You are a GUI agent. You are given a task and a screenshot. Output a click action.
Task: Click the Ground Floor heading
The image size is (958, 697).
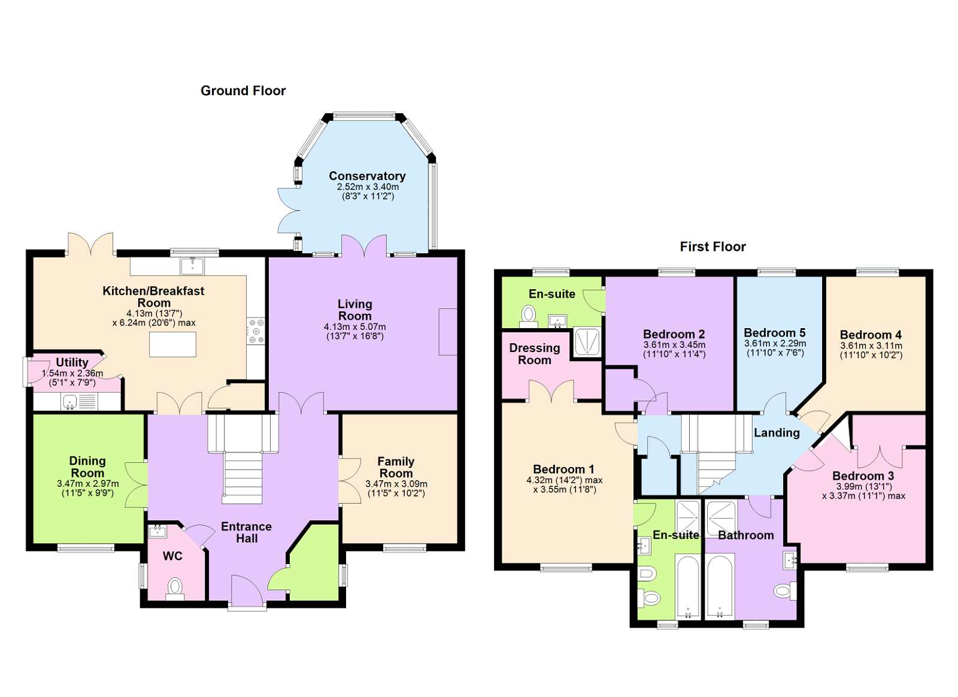pyautogui.click(x=243, y=90)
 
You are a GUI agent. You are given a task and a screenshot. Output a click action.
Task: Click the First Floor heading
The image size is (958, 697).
pyautogui.click(x=713, y=247)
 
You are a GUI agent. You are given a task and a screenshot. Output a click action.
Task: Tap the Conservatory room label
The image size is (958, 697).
pyautogui.click(x=367, y=176)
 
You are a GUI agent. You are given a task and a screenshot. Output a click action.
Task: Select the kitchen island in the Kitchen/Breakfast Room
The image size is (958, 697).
pyautogui.click(x=172, y=345)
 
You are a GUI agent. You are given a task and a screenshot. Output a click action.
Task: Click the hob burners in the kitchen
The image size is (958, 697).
pyautogui.click(x=256, y=331)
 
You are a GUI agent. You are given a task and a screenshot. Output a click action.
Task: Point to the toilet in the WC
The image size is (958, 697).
pyautogui.click(x=175, y=586)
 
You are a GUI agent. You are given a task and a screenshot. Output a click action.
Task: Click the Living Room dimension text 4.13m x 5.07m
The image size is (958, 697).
pyautogui.click(x=354, y=327)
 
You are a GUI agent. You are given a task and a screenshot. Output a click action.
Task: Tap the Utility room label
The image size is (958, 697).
pyautogui.click(x=72, y=362)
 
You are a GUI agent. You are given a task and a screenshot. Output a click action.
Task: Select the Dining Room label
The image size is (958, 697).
pyautogui.click(x=87, y=466)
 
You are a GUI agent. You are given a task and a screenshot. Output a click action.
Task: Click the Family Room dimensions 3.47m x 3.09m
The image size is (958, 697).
pyautogui.click(x=396, y=484)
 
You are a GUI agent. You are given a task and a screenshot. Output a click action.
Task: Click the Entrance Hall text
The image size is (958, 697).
pyautogui.click(x=246, y=532)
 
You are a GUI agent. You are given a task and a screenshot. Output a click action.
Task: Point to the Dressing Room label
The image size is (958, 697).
pyautogui.click(x=535, y=354)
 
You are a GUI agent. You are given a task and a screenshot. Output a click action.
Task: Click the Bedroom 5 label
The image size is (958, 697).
pyautogui.click(x=774, y=333)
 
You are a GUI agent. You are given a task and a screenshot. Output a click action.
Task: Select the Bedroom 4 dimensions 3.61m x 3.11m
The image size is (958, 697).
pyautogui.click(x=871, y=346)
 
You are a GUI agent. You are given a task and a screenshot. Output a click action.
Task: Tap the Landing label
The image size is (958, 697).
pyautogui.click(x=777, y=432)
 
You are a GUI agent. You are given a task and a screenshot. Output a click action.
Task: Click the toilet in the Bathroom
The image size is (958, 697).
pyautogui.click(x=783, y=592)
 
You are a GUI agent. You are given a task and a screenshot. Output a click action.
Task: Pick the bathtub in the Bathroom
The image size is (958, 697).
pyautogui.click(x=720, y=586)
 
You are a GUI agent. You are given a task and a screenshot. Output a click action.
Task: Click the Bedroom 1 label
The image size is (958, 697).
pyautogui.click(x=563, y=469)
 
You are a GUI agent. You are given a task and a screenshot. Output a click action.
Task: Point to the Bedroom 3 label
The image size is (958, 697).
pyautogui.click(x=863, y=476)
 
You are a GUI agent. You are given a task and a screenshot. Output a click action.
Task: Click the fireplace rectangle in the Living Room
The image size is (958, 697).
pyautogui.click(x=448, y=332)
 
